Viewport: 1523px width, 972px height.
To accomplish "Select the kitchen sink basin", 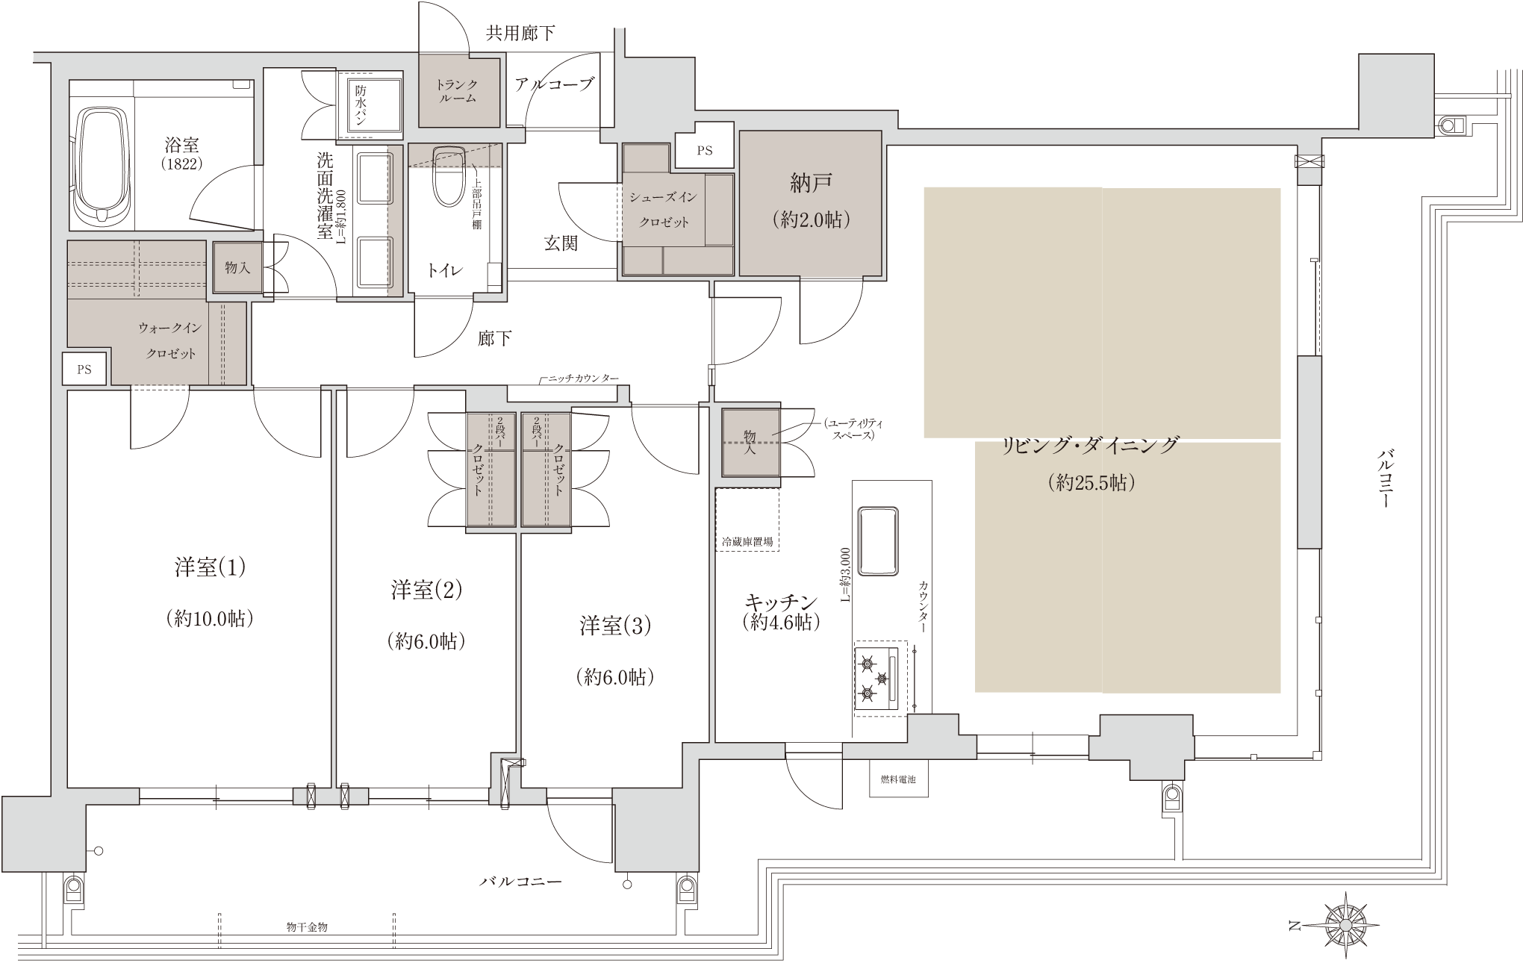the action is tap(878, 541).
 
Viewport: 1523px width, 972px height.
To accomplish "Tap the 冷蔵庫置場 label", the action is tap(747, 542).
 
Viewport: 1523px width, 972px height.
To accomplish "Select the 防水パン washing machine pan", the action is tap(370, 105).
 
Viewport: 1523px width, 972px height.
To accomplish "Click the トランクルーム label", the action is tap(456, 91).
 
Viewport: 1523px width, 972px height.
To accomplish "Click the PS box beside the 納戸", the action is tap(704, 150).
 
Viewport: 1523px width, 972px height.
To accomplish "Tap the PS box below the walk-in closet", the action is tap(84, 370).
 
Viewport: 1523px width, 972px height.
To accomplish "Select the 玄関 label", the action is tap(560, 243).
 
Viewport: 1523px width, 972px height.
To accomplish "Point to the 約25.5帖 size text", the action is tap(1091, 482).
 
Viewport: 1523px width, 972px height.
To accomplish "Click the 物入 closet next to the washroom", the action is tap(237, 267).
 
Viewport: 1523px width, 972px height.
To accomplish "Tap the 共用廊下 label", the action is tap(520, 33).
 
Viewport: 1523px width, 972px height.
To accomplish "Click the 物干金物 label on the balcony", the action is tap(307, 926).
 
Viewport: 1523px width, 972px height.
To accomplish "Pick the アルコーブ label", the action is tap(554, 84).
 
